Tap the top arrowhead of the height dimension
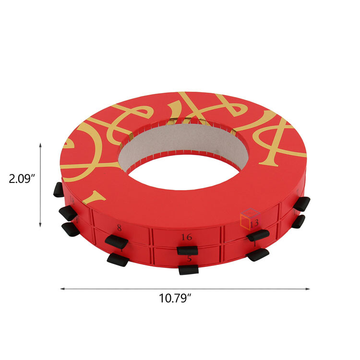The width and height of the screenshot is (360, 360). pos(40,144)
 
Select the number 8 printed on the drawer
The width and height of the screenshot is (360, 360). pos(119,228)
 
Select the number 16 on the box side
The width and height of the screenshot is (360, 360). pos(187,237)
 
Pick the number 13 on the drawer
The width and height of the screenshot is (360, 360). pos(254,222)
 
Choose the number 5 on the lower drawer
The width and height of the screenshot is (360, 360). pos(189,259)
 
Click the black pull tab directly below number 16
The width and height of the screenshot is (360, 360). pos(187,250)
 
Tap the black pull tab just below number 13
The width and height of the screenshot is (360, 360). pos(258,235)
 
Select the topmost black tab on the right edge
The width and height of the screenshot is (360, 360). pos(301,204)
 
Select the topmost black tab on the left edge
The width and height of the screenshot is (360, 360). pos(58,190)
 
